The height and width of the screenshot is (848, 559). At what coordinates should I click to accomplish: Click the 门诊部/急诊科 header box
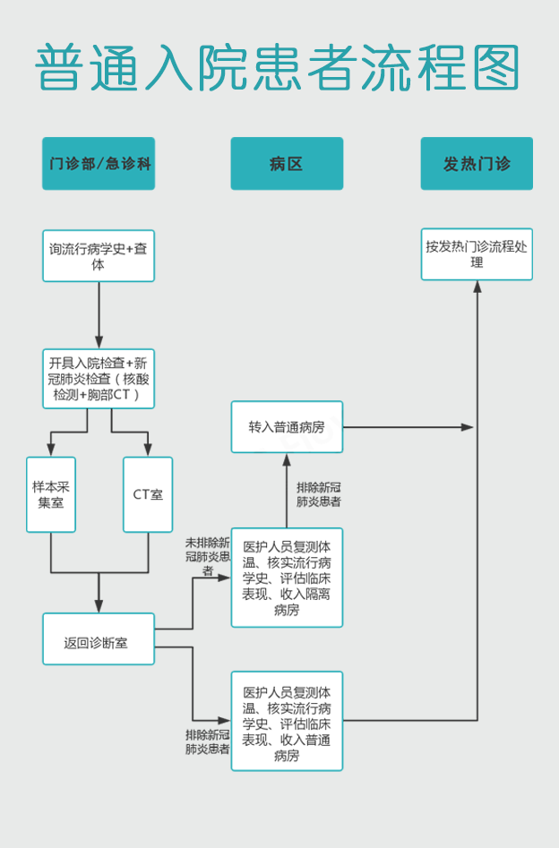99,163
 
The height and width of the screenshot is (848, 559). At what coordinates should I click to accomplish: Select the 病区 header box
287,163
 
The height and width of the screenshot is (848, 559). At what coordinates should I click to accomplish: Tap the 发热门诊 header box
477,163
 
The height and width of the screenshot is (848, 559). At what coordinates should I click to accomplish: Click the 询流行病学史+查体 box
99,256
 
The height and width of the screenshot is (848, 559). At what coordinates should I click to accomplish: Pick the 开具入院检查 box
99,379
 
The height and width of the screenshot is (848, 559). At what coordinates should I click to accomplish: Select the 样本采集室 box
51,494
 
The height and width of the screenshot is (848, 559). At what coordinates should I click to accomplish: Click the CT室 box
148,494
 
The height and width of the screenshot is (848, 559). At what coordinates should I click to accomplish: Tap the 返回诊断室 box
99,638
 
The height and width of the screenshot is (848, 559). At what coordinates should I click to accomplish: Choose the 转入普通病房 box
287,427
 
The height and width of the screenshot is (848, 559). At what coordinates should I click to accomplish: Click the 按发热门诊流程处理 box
477,254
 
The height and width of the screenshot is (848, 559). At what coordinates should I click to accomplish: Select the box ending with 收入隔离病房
287,578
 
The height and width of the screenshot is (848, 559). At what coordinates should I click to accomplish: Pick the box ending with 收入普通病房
287,721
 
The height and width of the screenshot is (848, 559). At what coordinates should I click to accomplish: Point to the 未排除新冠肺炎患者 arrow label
207,556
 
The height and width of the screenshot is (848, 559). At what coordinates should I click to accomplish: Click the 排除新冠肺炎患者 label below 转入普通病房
318,494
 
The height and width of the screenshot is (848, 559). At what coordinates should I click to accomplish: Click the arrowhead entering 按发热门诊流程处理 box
477,287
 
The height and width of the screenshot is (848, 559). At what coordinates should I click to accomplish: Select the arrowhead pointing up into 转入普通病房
287,459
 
